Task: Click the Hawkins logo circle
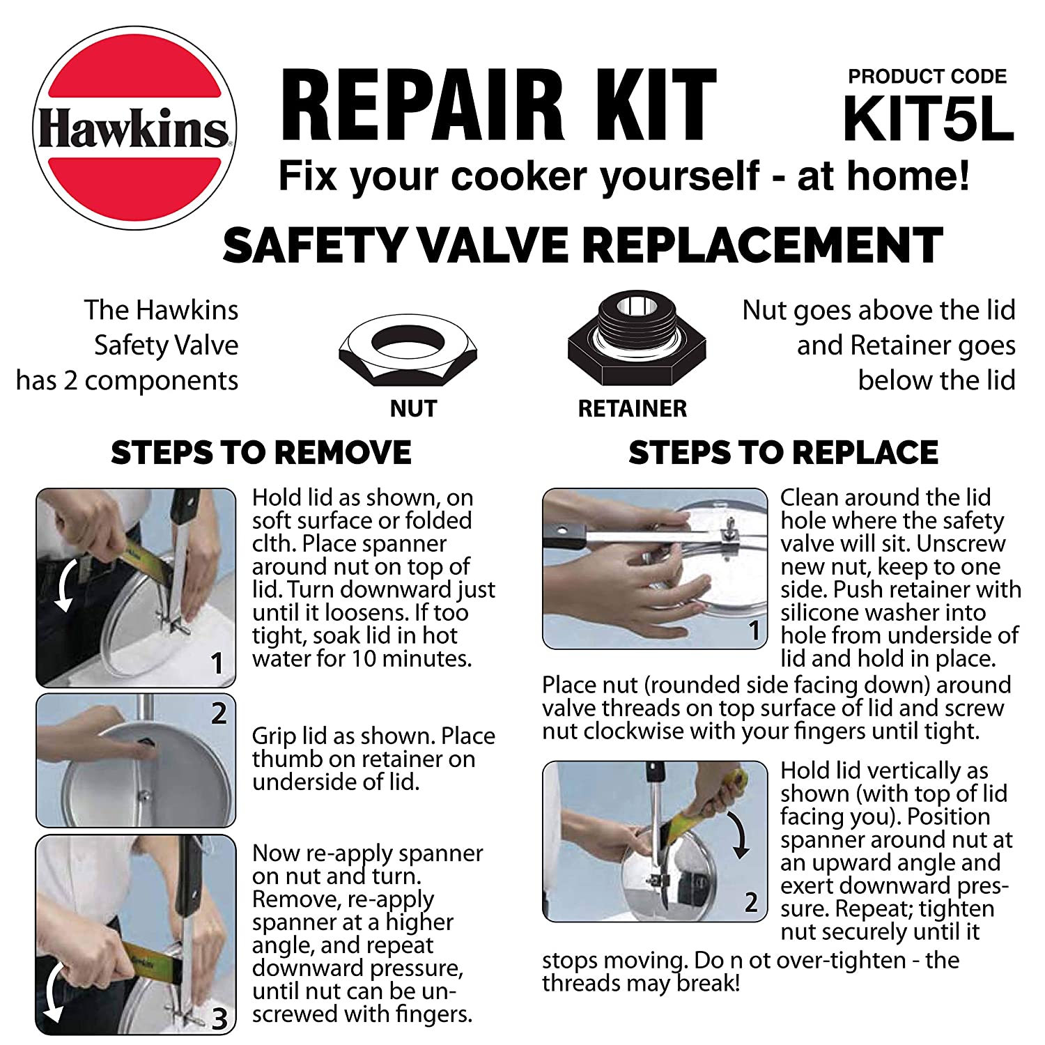(x=134, y=128)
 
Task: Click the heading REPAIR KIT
(x=498, y=105)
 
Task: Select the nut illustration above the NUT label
(x=408, y=349)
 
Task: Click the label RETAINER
(x=632, y=408)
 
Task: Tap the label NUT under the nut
(x=413, y=408)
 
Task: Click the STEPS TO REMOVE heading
(x=261, y=453)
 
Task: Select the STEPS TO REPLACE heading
(x=783, y=453)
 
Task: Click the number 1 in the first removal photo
(x=217, y=663)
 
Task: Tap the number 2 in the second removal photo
(x=219, y=713)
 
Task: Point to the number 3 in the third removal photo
(x=219, y=1019)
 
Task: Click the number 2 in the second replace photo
(x=751, y=902)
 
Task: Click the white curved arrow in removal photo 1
(x=66, y=582)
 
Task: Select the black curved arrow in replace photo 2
(x=739, y=834)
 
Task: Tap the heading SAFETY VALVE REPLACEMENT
(x=582, y=245)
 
